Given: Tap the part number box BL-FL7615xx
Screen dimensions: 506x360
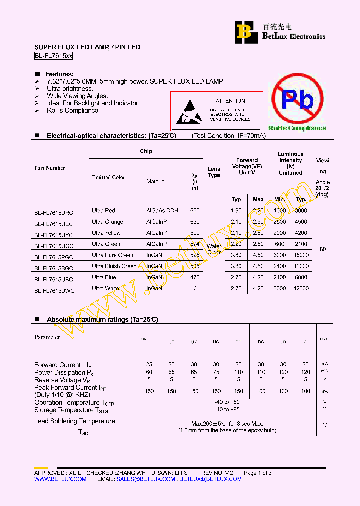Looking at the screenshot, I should pyautogui.click(x=53, y=57).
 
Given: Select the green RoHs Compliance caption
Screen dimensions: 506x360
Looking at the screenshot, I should pyautogui.click(x=297, y=128).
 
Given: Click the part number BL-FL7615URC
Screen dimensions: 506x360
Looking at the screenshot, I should pyautogui.click(x=54, y=211).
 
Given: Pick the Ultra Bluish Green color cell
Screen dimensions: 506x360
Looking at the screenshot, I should pyautogui.click(x=114, y=266).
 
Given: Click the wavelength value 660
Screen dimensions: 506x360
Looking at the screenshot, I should pyautogui.click(x=195, y=211).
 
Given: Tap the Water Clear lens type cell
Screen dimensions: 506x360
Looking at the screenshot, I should pyautogui.click(x=214, y=249).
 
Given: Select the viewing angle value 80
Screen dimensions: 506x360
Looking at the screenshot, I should pyautogui.click(x=323, y=249).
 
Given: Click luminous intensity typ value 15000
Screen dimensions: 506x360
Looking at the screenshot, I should pyautogui.click(x=301, y=255).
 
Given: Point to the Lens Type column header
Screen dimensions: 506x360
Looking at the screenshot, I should pyautogui.click(x=214, y=172).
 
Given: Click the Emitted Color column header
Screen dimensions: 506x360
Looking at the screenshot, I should pyautogui.click(x=108, y=177).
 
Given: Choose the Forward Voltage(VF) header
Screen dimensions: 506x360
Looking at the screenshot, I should pyautogui.click(x=247, y=166).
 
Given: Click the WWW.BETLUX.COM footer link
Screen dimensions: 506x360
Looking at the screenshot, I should pyautogui.click(x=60, y=479).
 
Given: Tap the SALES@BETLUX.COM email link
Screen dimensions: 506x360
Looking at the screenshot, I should pyautogui.click(x=146, y=479).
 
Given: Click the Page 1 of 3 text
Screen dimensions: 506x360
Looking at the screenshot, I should pyautogui.click(x=258, y=473).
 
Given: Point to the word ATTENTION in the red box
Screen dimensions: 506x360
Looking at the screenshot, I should pyautogui.click(x=230, y=101).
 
